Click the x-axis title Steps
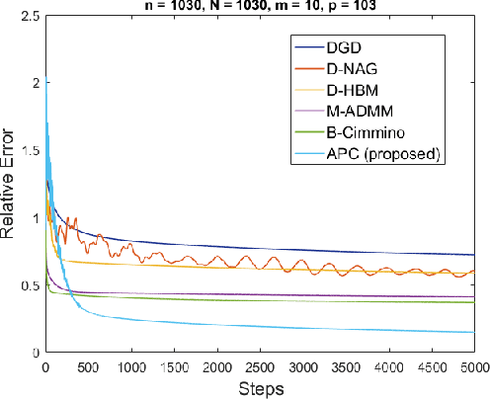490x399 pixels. [260, 388]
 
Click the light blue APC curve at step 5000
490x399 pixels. [473, 332]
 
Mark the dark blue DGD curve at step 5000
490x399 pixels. [473, 255]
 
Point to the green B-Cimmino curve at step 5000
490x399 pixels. [473, 302]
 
